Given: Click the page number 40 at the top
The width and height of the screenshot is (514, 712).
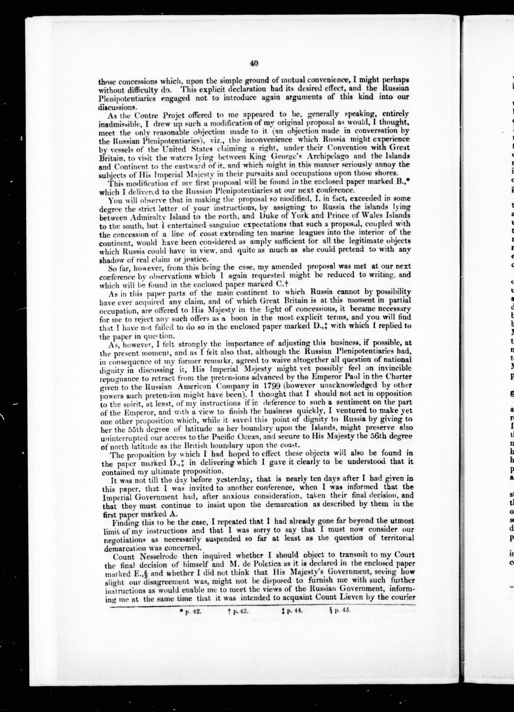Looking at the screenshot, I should pos(254,63).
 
